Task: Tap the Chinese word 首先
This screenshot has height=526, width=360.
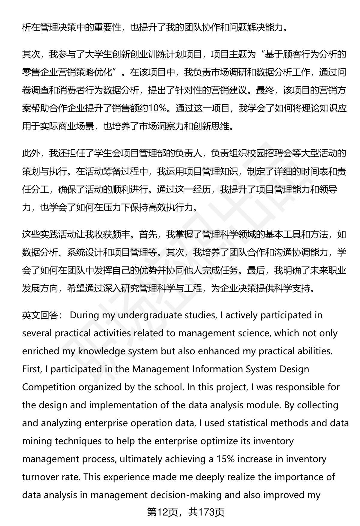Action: pos(148,234)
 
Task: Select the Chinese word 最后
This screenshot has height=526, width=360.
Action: pos(256,270)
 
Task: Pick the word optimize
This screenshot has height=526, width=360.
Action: pos(215,441)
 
